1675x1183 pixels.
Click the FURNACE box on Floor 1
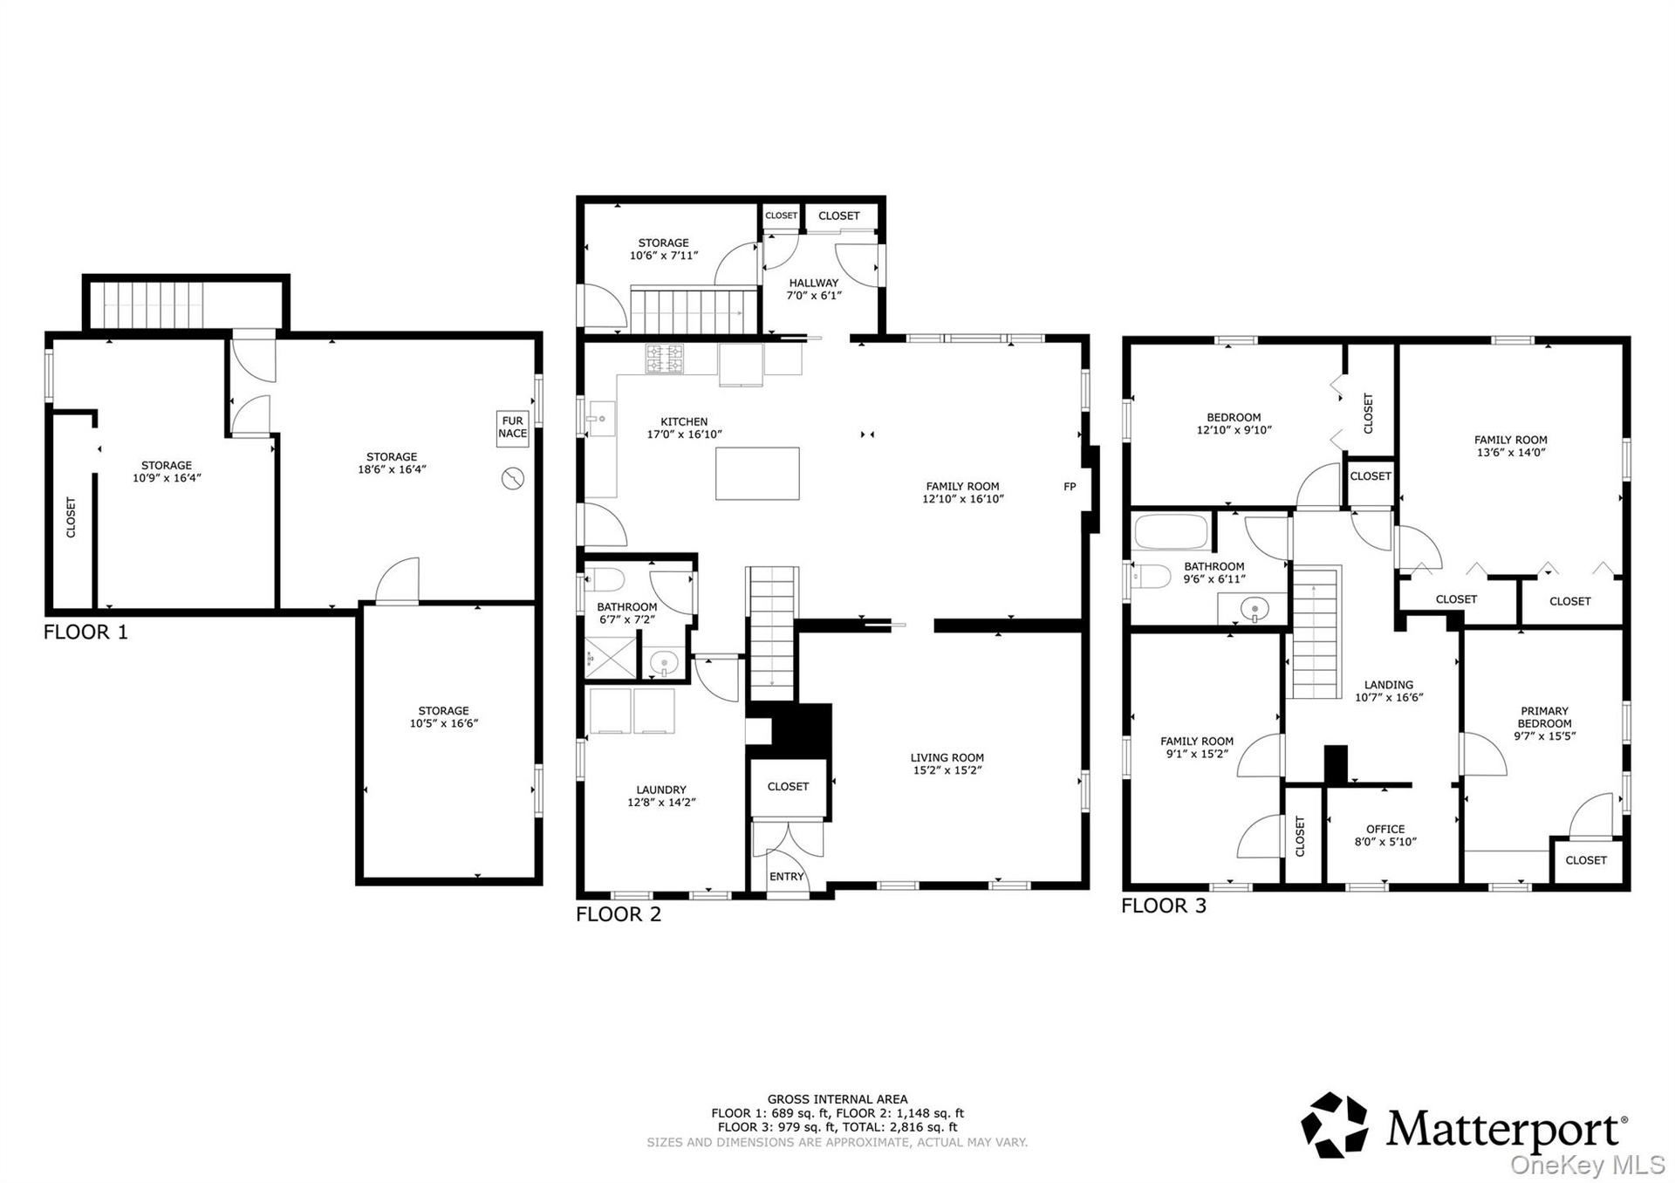pos(512,428)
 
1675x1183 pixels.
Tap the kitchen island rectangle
pos(757,473)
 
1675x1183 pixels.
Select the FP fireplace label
pos(1070,487)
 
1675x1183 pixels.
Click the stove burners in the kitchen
pos(665,359)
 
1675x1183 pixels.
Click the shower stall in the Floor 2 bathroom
pos(611,657)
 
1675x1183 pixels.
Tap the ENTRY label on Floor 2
pos(786,877)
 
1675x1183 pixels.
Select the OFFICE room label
pos(1385,829)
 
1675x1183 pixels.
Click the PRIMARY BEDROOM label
pos(1544,717)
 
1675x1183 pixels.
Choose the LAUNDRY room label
pos(661,790)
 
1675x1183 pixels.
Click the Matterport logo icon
pos(1335,1125)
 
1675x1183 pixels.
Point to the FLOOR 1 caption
pos(85,633)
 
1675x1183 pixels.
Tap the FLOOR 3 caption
pos(1164,906)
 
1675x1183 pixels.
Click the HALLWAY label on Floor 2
pos(814,283)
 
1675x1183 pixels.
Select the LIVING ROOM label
pos(947,758)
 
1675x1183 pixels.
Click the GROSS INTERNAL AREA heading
pos(837,1099)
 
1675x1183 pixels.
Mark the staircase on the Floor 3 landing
pos(1316,633)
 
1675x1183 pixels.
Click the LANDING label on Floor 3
pos(1388,685)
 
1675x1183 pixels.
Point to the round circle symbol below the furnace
pos(513,479)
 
